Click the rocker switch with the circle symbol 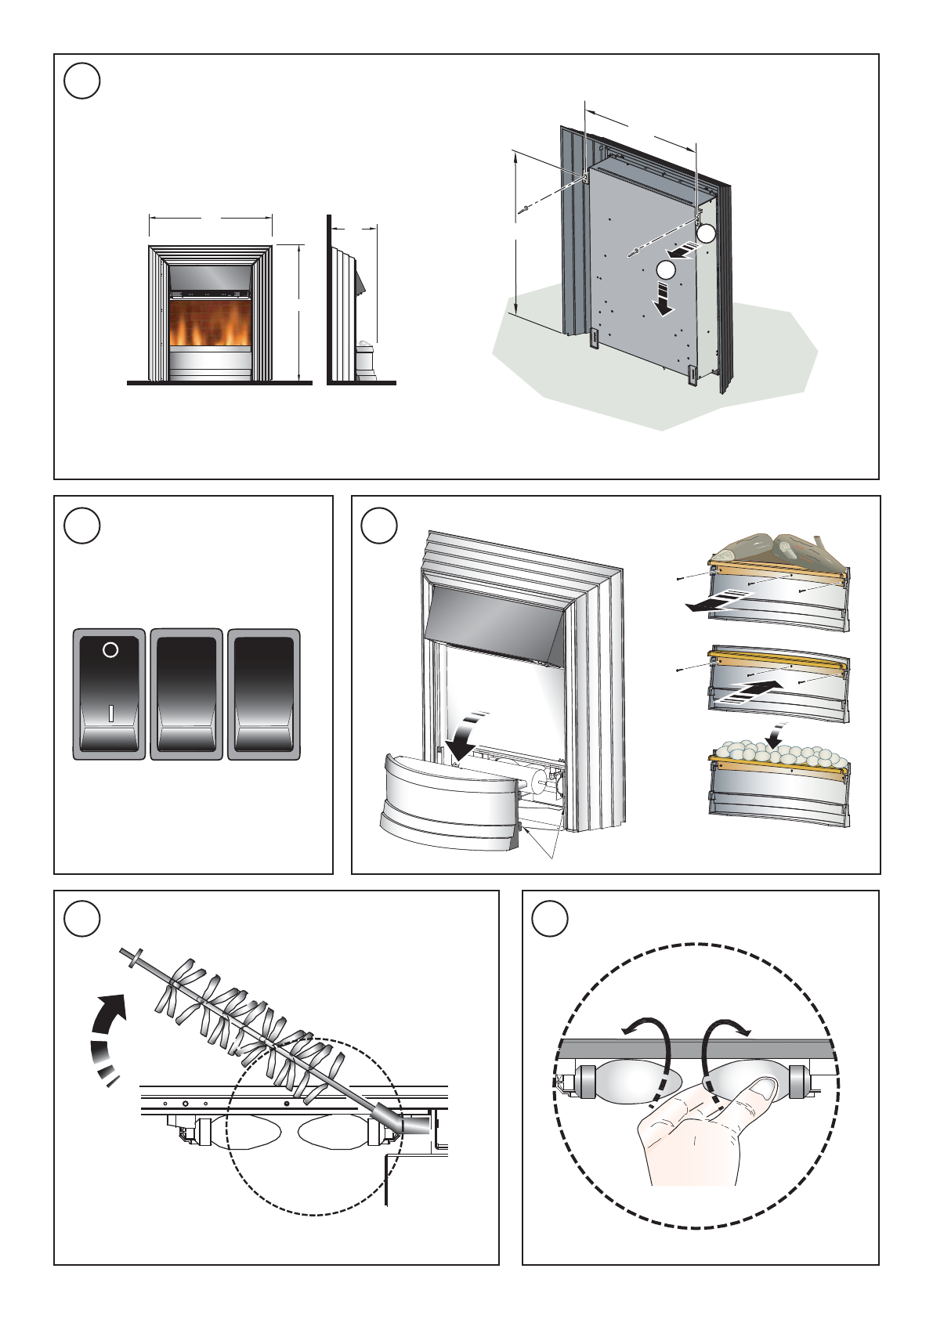[110, 693]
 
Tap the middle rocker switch [186, 693]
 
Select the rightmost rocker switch [264, 693]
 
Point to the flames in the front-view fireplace [209, 325]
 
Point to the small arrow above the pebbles [776, 732]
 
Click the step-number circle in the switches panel [82, 526]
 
